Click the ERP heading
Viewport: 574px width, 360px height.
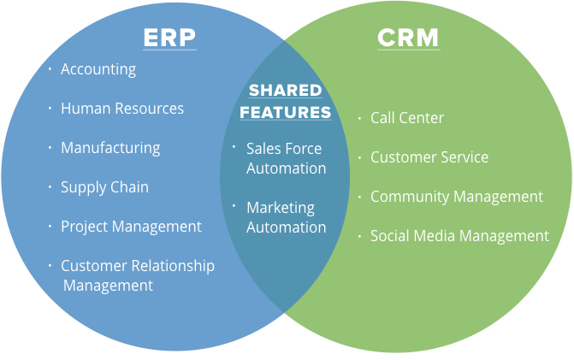pyautogui.click(x=169, y=38)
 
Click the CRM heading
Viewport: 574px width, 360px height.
pyautogui.click(x=408, y=38)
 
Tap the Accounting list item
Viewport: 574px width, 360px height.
pyautogui.click(x=98, y=69)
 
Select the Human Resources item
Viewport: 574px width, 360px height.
pyautogui.click(x=122, y=109)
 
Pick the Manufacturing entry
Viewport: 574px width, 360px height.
pyautogui.click(x=110, y=148)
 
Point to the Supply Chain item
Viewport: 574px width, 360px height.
pyautogui.click(x=104, y=187)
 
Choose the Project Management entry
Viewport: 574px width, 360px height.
pyautogui.click(x=131, y=227)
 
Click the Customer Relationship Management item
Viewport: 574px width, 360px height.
pyautogui.click(x=137, y=275)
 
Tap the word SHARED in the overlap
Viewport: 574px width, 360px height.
pyautogui.click(x=285, y=91)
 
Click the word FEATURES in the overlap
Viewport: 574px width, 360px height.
pyautogui.click(x=285, y=112)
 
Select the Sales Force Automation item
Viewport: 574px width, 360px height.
pyautogui.click(x=285, y=158)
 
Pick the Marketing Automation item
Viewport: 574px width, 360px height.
pyautogui.click(x=286, y=217)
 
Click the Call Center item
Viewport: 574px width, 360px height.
pyautogui.click(x=407, y=118)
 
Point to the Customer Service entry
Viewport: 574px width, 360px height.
pyautogui.click(x=429, y=157)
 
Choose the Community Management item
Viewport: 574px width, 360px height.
pyautogui.click(x=456, y=197)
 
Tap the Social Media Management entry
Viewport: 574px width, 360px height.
pyautogui.click(x=459, y=236)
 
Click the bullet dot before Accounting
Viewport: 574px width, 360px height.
pyautogui.click(x=50, y=68)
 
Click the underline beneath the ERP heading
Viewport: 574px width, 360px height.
pyautogui.click(x=169, y=50)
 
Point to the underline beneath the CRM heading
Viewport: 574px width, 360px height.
pyautogui.click(x=408, y=50)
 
